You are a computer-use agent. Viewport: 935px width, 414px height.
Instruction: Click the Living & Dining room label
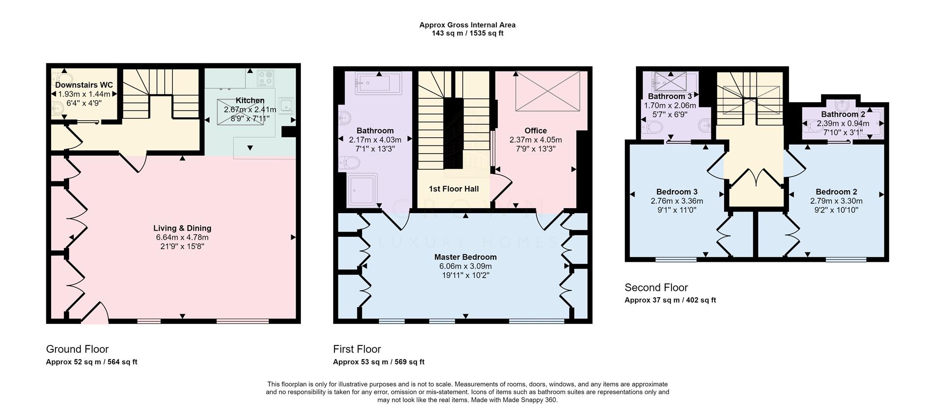[182, 228]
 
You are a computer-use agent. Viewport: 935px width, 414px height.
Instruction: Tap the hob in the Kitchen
[266, 79]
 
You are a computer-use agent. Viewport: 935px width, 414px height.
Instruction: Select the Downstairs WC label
[84, 85]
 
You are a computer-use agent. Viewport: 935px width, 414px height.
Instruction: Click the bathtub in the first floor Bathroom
[378, 83]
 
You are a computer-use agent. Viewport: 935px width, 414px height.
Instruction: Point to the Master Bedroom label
[466, 257]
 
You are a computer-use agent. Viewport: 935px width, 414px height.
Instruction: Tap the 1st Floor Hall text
[454, 189]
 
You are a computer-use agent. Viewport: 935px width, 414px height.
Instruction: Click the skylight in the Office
[547, 90]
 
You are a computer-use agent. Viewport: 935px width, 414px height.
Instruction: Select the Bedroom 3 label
[677, 192]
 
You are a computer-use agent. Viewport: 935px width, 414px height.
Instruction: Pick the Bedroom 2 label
[836, 192]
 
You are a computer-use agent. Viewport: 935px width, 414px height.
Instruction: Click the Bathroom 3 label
[670, 96]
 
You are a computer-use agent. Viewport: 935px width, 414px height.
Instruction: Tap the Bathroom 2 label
[843, 114]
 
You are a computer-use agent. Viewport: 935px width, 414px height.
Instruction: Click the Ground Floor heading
[77, 349]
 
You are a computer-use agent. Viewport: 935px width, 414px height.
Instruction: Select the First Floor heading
[357, 349]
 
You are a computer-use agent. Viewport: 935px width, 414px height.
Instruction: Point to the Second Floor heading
[656, 287]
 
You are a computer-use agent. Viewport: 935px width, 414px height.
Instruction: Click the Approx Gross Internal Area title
[467, 25]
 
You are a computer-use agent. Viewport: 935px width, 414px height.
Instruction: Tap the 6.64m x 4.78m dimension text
[182, 237]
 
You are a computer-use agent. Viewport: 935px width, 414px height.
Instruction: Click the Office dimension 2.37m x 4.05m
[536, 140]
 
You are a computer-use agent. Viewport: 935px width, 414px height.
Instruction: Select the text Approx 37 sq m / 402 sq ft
[671, 300]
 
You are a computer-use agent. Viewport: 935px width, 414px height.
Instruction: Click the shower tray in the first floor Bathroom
[362, 190]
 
